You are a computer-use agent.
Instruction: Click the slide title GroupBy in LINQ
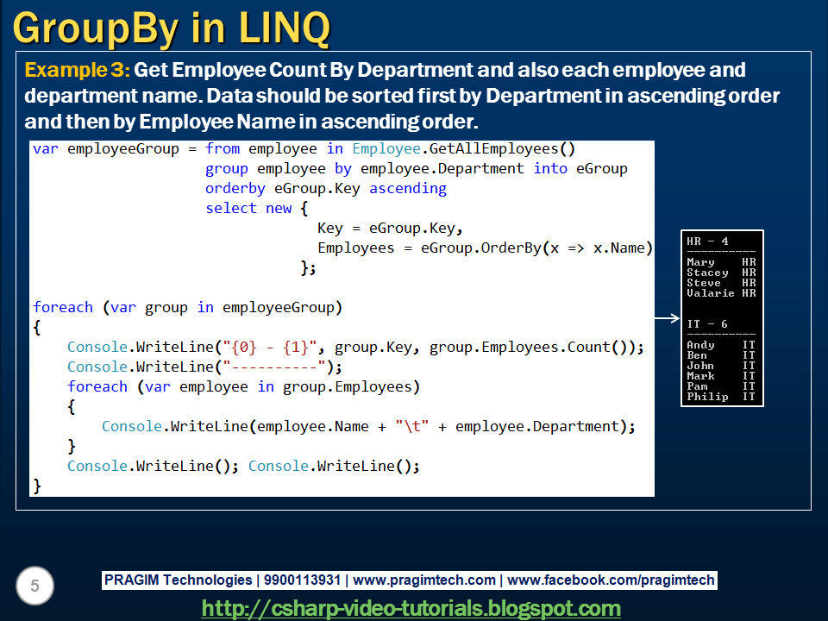click(171, 28)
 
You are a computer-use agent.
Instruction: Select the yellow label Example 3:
click(78, 70)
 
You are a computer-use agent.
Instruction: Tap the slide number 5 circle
click(34, 586)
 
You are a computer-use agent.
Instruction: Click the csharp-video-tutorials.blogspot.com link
click(411, 608)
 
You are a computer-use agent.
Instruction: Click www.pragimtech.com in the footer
click(424, 580)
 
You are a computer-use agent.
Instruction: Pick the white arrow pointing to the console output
click(667, 318)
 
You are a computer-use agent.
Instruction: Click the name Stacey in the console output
click(707, 273)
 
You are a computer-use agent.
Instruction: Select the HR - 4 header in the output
click(707, 241)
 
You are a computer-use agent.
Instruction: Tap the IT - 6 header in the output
click(707, 324)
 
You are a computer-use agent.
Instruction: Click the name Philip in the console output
click(707, 397)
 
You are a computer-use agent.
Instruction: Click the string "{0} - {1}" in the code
click(273, 347)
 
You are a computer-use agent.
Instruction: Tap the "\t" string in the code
click(411, 426)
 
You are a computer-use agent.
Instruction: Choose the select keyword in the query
click(231, 208)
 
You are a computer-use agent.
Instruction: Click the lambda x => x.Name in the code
click(598, 248)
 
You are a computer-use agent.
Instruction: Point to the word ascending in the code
click(408, 188)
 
